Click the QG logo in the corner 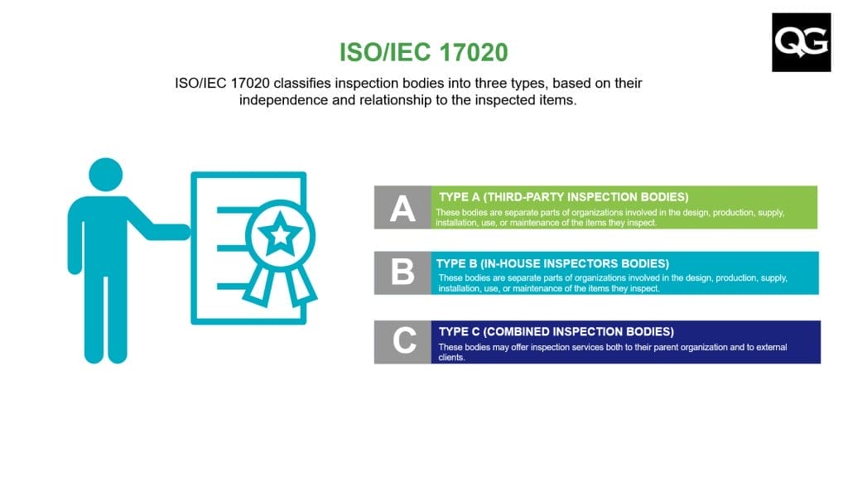(x=801, y=42)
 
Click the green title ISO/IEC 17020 (x=423, y=52)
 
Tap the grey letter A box (x=402, y=207)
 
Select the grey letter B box (x=402, y=272)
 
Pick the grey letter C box (x=403, y=341)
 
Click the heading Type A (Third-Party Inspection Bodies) (x=562, y=197)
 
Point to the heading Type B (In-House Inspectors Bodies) (x=552, y=263)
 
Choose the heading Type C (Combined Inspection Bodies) (x=556, y=331)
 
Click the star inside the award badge (x=282, y=234)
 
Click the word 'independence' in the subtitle (x=282, y=100)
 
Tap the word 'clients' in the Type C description (x=451, y=357)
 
